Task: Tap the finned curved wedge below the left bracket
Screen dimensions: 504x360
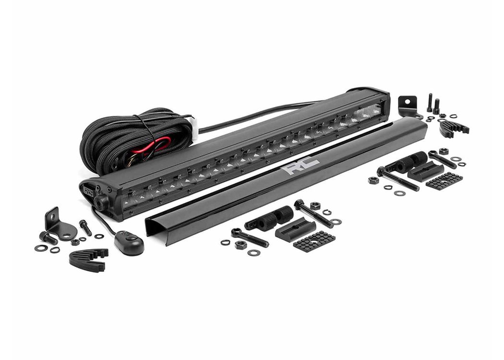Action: pyautogui.click(x=88, y=259)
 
